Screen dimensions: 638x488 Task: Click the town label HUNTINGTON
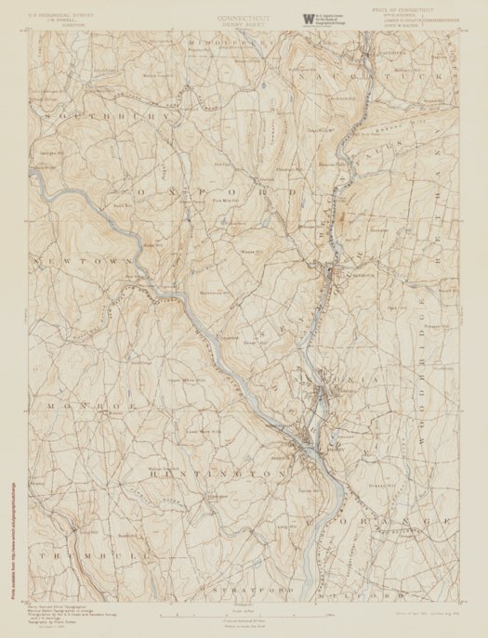tap(222, 474)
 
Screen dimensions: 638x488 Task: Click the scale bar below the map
tap(244, 615)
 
